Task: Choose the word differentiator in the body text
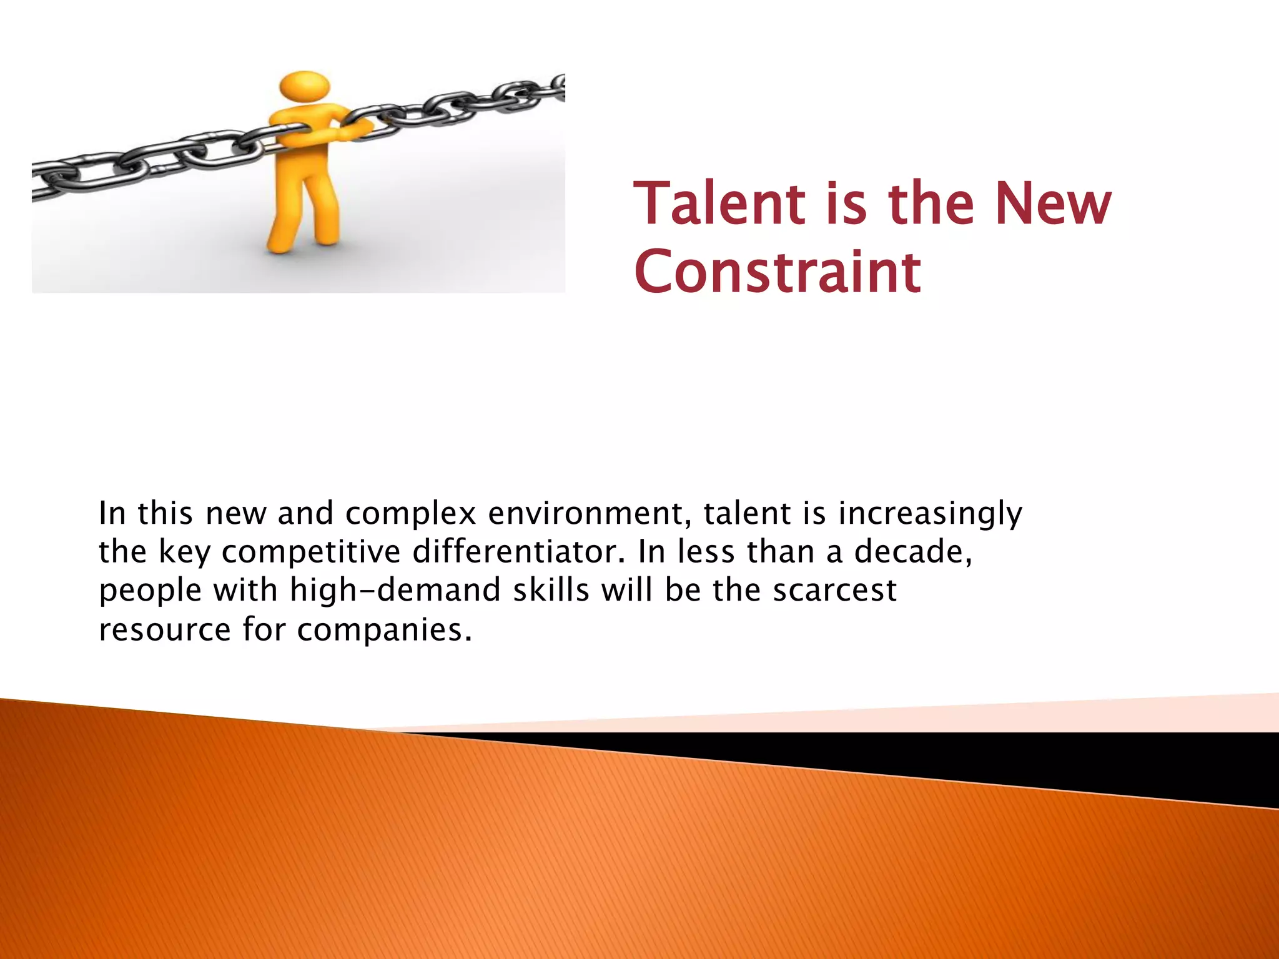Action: click(518, 552)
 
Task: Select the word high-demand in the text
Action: click(395, 591)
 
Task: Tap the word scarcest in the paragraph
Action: click(834, 591)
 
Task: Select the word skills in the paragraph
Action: click(551, 591)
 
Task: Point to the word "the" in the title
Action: click(931, 204)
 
